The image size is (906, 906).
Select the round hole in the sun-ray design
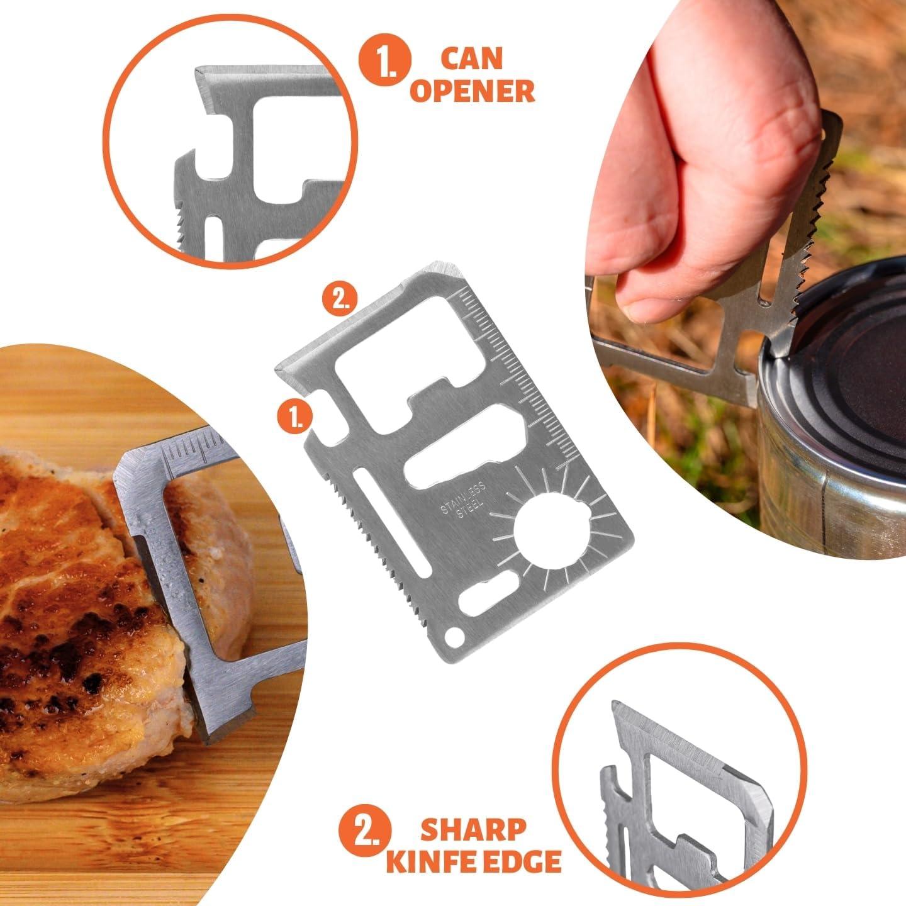551,530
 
